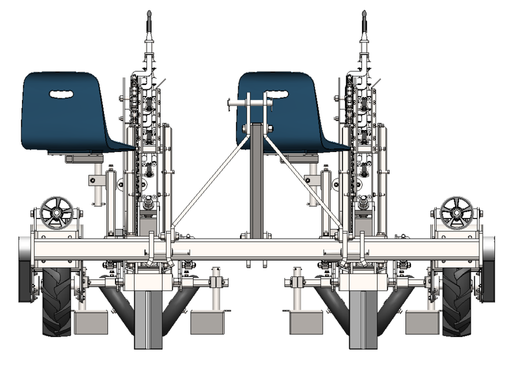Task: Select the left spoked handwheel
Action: [57, 213]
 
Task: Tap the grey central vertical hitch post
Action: [256, 185]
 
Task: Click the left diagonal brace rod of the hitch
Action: [208, 179]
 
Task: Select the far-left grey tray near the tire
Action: [91, 322]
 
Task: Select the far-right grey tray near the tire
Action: [423, 322]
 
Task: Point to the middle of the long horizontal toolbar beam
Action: [257, 249]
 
